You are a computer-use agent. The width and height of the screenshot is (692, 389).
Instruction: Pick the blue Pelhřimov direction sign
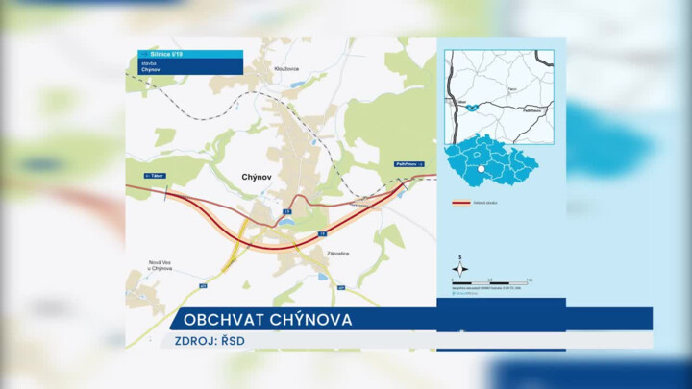tap(409, 165)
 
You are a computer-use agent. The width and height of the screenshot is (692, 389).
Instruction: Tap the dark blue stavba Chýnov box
tap(190, 67)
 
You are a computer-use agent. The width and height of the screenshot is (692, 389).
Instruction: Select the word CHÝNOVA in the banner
tap(311, 320)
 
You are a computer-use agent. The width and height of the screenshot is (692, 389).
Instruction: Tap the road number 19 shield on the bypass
tap(323, 233)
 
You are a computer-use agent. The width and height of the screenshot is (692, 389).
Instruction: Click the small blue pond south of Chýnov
tap(284, 221)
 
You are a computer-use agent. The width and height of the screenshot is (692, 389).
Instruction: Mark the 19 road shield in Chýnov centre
tap(286, 210)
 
